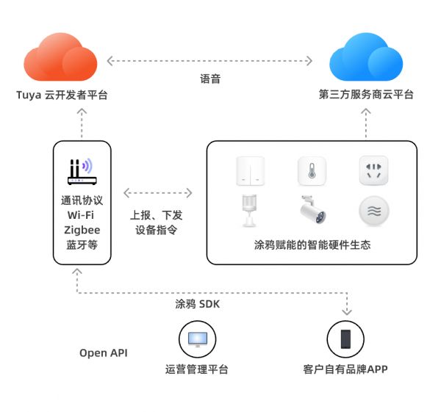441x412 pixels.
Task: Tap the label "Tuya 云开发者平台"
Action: [62, 95]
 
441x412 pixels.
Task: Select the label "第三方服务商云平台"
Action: [366, 95]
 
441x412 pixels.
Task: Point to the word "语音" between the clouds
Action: [210, 79]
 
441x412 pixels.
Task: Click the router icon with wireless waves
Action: [82, 171]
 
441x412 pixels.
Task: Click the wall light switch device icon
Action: [250, 172]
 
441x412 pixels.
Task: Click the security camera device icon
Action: [312, 212]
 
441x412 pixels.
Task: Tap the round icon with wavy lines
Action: [373, 212]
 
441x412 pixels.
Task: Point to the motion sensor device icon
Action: [248, 212]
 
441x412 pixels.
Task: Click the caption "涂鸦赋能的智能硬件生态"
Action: [312, 245]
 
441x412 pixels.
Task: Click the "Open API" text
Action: [104, 353]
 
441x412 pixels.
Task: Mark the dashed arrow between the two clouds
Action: [212, 59]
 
